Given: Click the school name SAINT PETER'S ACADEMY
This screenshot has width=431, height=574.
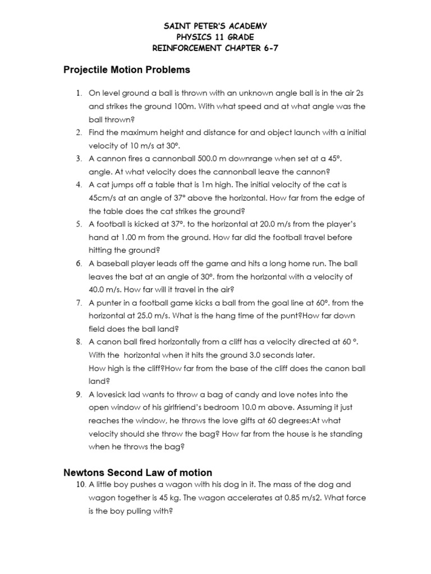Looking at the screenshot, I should [x=215, y=26].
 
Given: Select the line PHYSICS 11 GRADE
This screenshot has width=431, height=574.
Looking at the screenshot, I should [x=215, y=37].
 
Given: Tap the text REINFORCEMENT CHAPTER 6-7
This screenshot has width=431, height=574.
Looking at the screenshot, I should [x=215, y=48].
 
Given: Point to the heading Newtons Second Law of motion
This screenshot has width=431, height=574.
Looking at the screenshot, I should [x=137, y=473].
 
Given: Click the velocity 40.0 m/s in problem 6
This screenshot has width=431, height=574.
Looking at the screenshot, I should [x=105, y=289].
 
